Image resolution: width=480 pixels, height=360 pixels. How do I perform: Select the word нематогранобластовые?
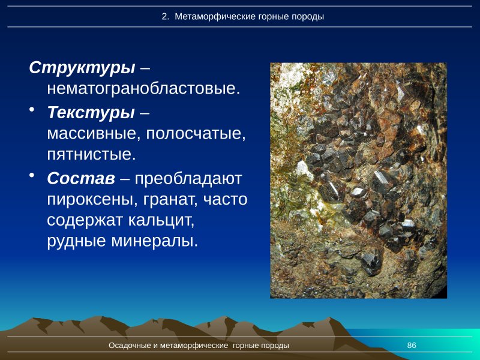(143, 89)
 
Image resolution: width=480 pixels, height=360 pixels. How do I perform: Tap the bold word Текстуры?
(91, 112)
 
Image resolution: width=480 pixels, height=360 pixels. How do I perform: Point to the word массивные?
(90, 133)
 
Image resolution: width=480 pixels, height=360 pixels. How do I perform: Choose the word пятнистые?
(91, 154)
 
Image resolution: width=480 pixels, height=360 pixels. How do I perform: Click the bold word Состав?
(81, 178)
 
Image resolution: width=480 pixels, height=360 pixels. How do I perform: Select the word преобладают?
(188, 178)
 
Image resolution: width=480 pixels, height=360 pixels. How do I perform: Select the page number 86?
(412, 346)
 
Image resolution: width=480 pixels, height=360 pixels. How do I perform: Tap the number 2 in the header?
(164, 17)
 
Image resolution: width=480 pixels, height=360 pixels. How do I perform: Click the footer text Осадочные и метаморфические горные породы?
(199, 346)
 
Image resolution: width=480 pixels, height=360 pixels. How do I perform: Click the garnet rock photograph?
(358, 180)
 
